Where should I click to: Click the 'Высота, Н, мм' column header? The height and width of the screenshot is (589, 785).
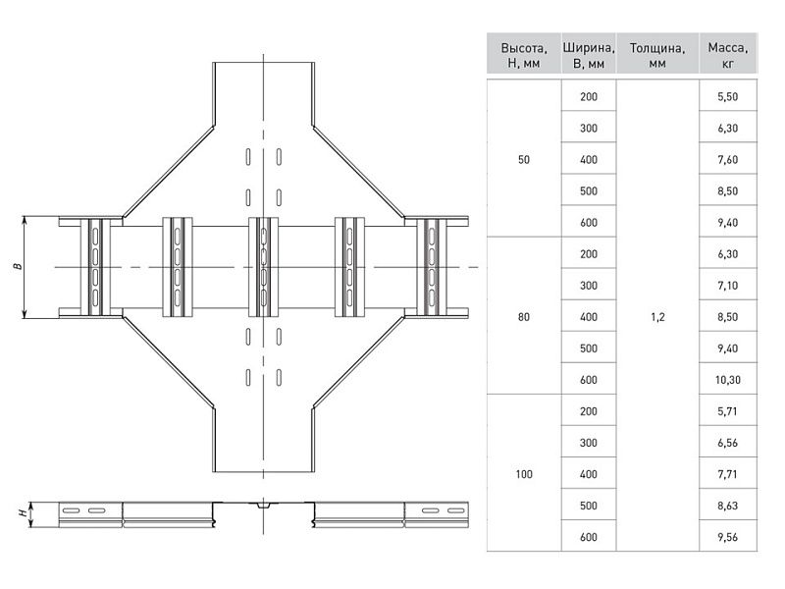pyautogui.click(x=524, y=55)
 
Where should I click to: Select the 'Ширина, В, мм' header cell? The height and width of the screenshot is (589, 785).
pyautogui.click(x=589, y=55)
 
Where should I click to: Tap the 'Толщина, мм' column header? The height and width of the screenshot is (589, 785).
pyautogui.click(x=657, y=55)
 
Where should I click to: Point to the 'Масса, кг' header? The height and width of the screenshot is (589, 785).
pyautogui.click(x=728, y=55)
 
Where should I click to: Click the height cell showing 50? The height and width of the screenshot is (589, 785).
pyautogui.click(x=524, y=159)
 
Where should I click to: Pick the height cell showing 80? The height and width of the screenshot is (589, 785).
pyautogui.click(x=524, y=316)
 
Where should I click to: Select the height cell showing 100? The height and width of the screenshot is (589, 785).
pyautogui.click(x=524, y=474)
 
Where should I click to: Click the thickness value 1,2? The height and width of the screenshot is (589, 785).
pyautogui.click(x=657, y=316)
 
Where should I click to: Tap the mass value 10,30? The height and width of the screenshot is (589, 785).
pyautogui.click(x=728, y=380)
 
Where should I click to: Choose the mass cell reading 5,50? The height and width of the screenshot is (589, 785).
pyautogui.click(x=728, y=96)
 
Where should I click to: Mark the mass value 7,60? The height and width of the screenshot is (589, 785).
pyautogui.click(x=728, y=159)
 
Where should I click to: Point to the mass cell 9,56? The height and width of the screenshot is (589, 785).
pyautogui.click(x=728, y=537)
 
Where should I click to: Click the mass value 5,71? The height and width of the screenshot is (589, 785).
pyautogui.click(x=728, y=411)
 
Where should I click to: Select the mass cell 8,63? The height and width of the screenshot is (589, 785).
pyautogui.click(x=728, y=506)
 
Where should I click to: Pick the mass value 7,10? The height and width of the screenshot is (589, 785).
pyautogui.click(x=728, y=285)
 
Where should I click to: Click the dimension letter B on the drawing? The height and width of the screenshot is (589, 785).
pyautogui.click(x=18, y=266)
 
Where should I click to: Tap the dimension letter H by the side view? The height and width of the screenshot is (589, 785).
pyautogui.click(x=22, y=512)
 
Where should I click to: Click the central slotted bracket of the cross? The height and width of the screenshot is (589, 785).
pyautogui.click(x=263, y=267)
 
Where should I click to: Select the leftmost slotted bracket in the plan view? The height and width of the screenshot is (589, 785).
pyautogui.click(x=95, y=267)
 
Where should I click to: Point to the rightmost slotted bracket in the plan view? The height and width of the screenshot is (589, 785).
pyautogui.click(x=432, y=267)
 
